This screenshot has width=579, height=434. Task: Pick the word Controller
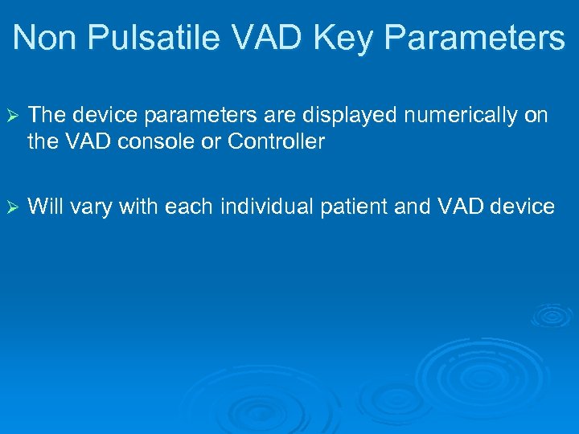276,142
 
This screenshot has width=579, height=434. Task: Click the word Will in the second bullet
46,207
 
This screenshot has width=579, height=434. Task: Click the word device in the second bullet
524,207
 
